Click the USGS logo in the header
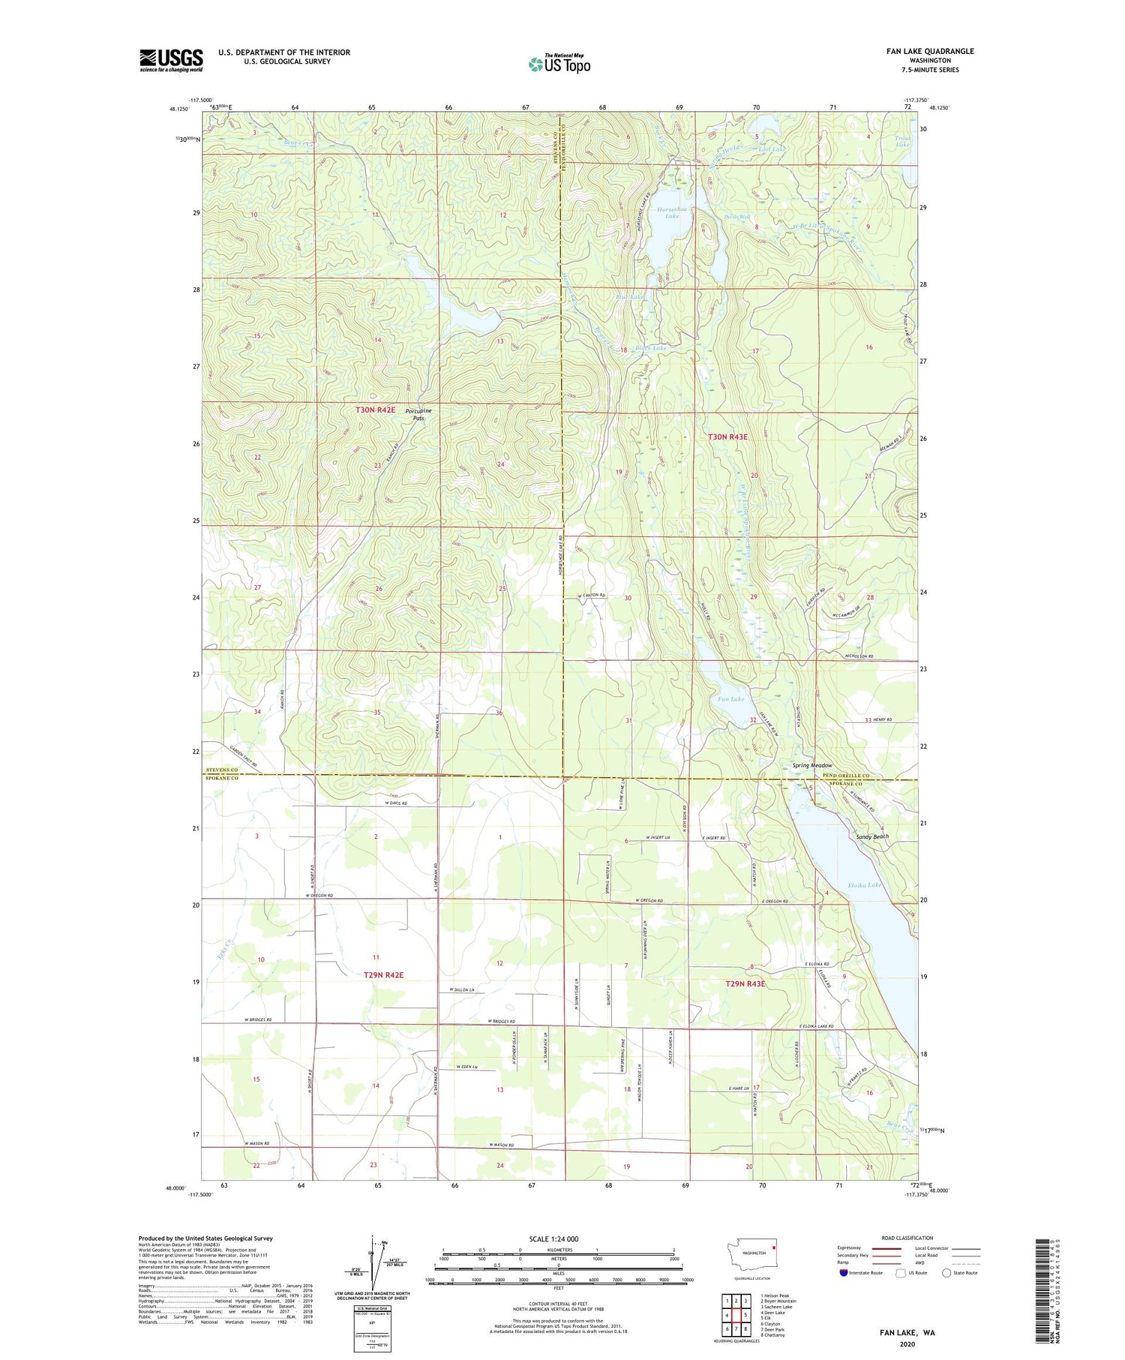(171, 60)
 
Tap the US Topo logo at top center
(559, 65)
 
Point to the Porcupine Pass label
(418, 415)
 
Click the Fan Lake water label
(731, 699)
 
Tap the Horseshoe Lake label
(672, 212)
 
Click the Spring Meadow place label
(812, 766)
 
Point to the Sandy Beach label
(872, 836)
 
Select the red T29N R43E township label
(745, 983)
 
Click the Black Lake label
(650, 348)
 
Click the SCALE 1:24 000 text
(558, 1239)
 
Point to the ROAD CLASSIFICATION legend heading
(907, 1238)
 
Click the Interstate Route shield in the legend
(844, 1273)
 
